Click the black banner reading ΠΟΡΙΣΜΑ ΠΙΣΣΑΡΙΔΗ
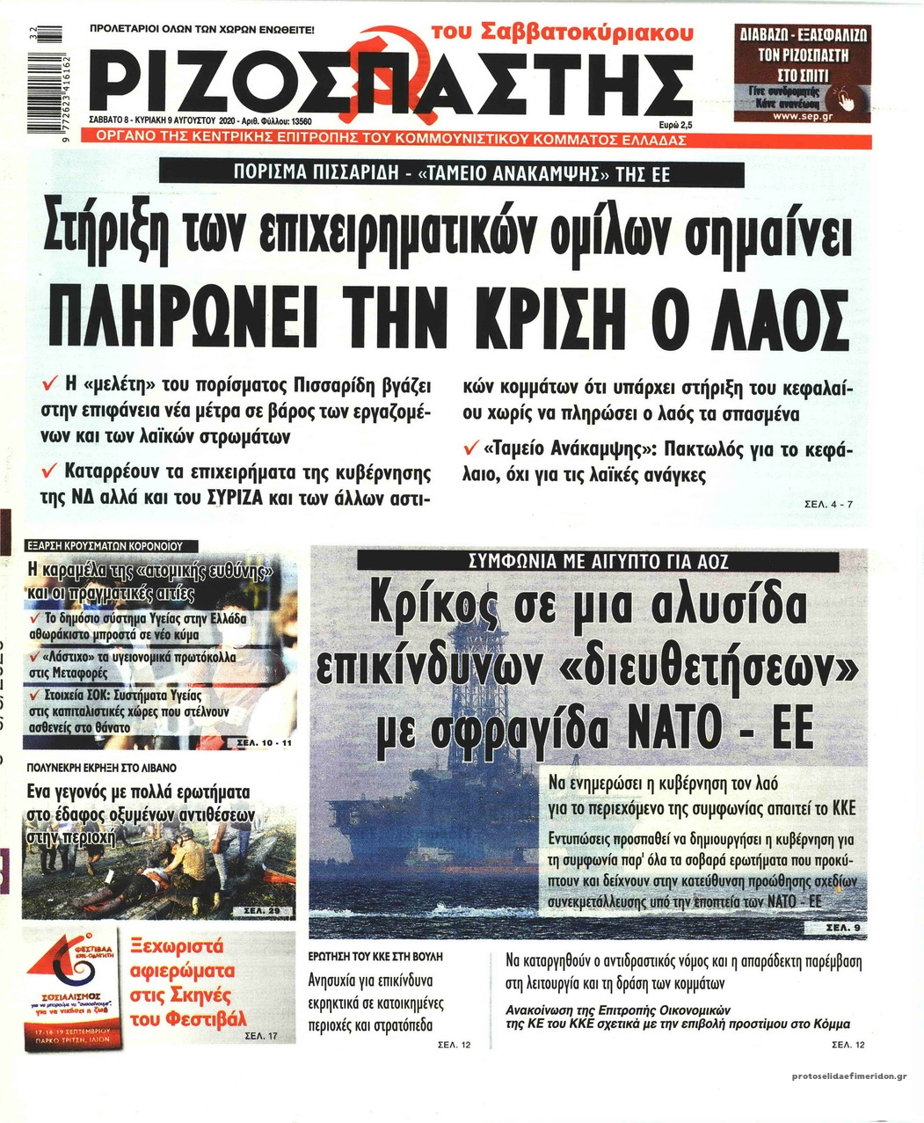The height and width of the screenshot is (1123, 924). pos(450,174)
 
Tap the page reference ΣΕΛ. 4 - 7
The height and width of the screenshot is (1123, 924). pos(828,505)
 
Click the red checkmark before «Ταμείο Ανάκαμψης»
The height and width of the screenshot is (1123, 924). pos(470,450)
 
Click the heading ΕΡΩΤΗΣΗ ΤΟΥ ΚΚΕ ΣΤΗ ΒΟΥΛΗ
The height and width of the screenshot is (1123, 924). pos(376,955)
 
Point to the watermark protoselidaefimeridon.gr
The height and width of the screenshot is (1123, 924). pos(849,1076)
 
